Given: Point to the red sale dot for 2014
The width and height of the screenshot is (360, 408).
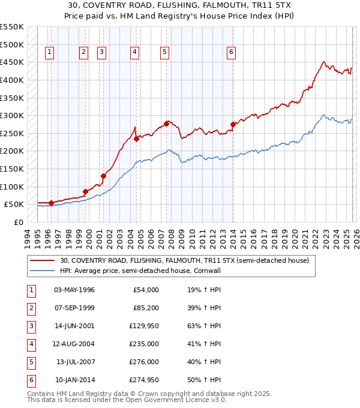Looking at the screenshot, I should (233, 125).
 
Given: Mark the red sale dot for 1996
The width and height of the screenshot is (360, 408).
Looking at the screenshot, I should (51, 203).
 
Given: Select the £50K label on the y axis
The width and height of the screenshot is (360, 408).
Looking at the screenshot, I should (14, 204).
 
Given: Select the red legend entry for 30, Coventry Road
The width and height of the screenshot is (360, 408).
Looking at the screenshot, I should (184, 260).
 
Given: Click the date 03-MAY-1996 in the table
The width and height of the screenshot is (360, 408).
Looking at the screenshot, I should (74, 290).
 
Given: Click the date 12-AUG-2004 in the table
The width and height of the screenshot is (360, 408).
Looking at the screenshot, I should (74, 344).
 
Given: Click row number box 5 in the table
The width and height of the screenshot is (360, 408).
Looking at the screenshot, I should (31, 362).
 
